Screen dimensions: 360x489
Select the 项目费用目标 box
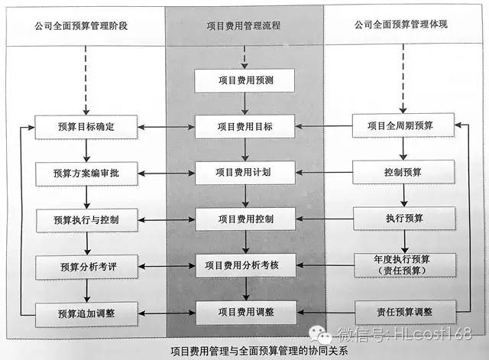tap(244, 126)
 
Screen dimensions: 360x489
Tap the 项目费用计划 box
tap(244, 172)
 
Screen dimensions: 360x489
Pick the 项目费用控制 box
tap(244, 219)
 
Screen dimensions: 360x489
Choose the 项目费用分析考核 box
tap(244, 265)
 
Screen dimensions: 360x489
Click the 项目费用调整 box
tap(244, 311)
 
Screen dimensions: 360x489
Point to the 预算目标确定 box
tap(86, 126)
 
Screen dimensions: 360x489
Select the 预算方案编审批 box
tap(86, 173)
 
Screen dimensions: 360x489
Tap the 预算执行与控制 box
tap(86, 219)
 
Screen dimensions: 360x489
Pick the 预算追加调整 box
tap(86, 312)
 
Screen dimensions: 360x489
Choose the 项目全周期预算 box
tap(403, 126)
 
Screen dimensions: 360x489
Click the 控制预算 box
tap(403, 173)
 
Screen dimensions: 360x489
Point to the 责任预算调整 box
tap(403, 312)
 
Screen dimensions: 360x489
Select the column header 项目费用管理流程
tap(244, 25)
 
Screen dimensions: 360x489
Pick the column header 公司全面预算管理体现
tap(401, 25)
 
